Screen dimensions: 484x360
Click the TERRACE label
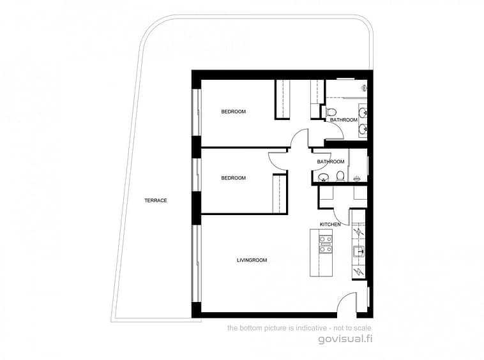coord(156,200)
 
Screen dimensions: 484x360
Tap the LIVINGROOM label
coord(252,260)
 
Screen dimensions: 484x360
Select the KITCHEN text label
coord(330,224)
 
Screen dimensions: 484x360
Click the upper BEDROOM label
coord(233,111)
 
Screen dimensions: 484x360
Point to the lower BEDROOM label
coord(233,178)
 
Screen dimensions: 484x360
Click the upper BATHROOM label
coord(344,120)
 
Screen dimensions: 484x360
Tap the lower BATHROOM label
coord(331,161)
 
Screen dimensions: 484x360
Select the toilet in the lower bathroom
coord(340,176)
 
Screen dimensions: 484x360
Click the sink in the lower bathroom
coord(323,177)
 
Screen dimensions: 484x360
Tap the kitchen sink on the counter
coord(358,251)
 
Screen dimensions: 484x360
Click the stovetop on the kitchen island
coord(326,244)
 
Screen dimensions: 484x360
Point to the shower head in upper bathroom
coord(365,88)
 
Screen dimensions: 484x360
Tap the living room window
coord(196,263)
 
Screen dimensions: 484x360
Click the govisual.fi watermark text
coord(345,339)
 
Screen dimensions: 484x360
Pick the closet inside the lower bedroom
coord(280,193)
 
